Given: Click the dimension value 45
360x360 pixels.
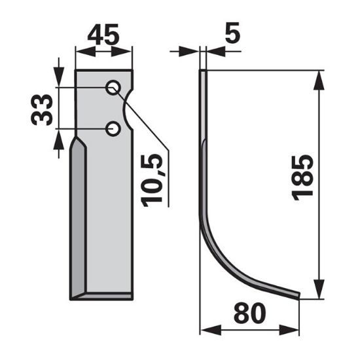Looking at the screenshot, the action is pos(103,35).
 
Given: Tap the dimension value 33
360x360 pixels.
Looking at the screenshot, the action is pos(42,110).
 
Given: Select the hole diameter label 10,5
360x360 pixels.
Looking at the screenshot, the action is pos(153,180).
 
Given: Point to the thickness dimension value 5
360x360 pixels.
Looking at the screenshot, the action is pos(232,33).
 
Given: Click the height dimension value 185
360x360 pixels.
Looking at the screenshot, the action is pos(302,178).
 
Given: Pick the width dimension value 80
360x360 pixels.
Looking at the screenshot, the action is pos(249,313).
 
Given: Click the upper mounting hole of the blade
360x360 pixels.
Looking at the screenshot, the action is pos(113,88).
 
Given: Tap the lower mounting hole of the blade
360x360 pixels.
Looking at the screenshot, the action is pos(113,129).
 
